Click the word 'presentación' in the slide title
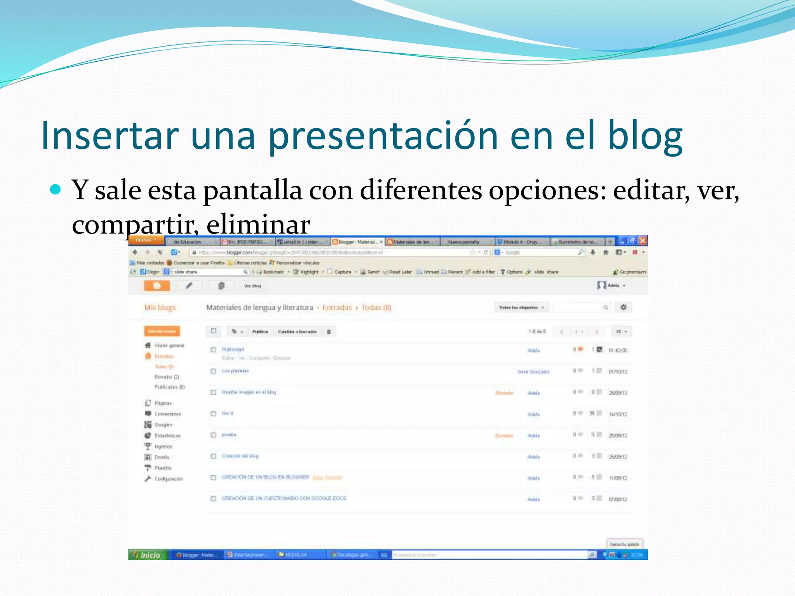[383, 136]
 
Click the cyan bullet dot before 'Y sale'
[56, 190]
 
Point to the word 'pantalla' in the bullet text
[252, 191]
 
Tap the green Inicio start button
[147, 555]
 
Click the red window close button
[643, 241]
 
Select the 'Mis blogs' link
[160, 308]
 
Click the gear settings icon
[623, 307]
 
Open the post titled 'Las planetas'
[235, 371]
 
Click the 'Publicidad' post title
[233, 349]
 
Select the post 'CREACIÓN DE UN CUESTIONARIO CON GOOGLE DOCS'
[284, 498]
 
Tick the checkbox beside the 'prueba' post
[213, 435]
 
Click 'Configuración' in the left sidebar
[168, 479]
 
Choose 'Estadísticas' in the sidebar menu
[167, 436]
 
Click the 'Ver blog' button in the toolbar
[252, 286]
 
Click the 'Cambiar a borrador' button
[297, 332]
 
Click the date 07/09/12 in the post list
[618, 499]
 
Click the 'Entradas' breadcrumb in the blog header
[337, 308]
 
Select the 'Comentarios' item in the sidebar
[167, 414]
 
